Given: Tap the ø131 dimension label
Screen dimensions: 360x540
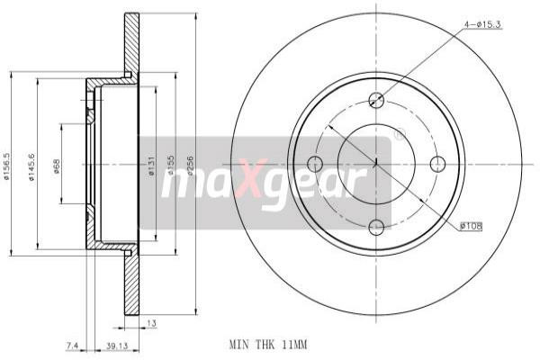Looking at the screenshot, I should [150, 165].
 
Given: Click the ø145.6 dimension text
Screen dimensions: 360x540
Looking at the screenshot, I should [31, 165].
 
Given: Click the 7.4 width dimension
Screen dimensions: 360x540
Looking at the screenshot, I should [71, 345].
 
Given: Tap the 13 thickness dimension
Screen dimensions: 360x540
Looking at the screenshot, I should [150, 322].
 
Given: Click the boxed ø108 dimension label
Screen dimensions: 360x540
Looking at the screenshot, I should [470, 227].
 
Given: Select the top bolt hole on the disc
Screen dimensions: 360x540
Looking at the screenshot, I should [376, 101].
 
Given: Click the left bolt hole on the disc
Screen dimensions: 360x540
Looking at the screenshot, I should [314, 164].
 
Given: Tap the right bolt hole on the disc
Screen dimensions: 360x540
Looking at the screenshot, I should [438, 164].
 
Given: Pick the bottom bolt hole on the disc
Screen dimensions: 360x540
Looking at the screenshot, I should [376, 227].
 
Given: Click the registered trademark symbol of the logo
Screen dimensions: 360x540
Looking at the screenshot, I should [398, 139].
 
